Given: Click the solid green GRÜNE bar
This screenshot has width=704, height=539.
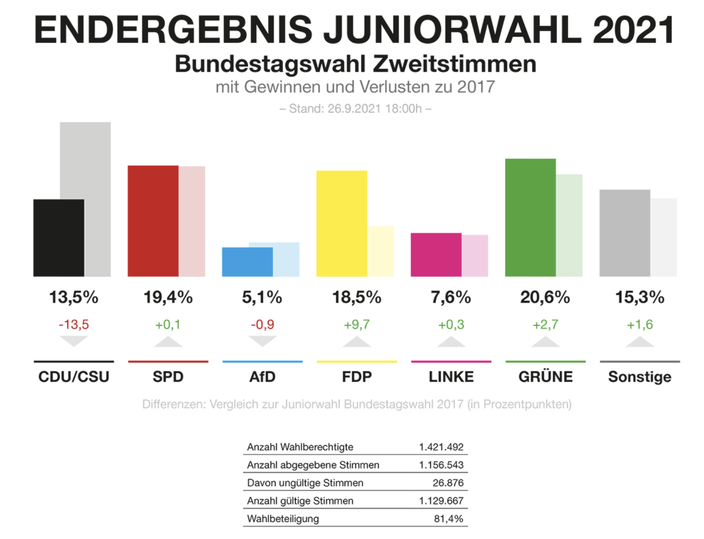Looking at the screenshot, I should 530,218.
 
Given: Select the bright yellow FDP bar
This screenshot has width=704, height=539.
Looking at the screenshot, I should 341,223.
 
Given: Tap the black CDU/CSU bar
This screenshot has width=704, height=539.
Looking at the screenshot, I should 59,238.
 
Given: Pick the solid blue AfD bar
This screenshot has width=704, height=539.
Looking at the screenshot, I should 247,262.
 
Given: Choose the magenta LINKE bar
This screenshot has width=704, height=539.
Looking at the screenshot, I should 436,255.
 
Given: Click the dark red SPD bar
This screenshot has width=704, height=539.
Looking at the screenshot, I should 153,221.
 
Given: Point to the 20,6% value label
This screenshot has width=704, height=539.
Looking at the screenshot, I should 545,297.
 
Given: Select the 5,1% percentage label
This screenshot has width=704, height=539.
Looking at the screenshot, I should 262,297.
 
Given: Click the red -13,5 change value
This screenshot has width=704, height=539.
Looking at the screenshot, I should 73,324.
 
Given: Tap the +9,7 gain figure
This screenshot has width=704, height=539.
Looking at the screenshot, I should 357,324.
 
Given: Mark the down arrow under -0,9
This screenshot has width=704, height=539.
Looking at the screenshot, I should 262,341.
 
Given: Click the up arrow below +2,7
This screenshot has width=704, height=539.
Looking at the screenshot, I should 545,342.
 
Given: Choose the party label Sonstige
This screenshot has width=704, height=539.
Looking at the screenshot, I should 639,377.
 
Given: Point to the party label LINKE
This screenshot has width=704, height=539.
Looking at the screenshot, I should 451,377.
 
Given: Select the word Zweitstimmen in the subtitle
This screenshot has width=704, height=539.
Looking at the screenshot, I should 454,64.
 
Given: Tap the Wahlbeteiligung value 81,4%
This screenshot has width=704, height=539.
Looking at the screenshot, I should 448,519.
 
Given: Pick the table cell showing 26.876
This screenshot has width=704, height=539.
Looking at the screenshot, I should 448,483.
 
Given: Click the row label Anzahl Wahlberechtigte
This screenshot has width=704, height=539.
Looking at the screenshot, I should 300,447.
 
